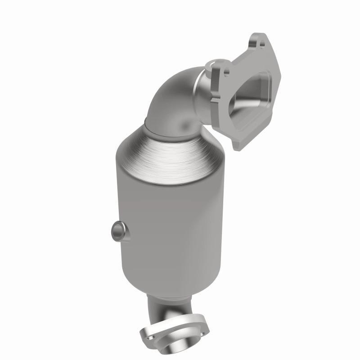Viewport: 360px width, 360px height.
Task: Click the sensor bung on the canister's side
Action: pos(117,231)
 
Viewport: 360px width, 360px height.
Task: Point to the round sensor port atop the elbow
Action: pos(211,66)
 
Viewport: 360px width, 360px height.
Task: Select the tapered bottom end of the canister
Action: pos(175,283)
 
